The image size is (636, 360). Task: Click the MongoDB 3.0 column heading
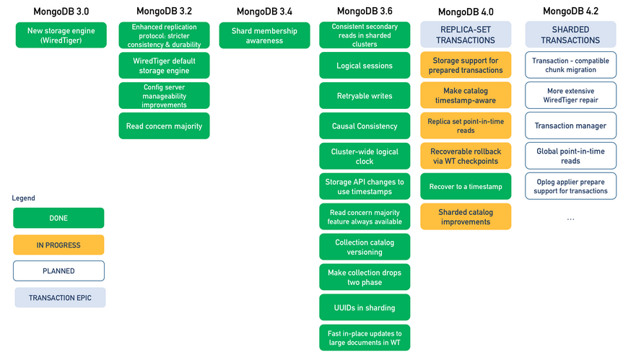point(61,12)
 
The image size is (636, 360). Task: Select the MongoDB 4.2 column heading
point(570,12)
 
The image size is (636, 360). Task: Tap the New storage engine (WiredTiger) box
point(61,35)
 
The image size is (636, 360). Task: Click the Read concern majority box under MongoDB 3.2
point(165,126)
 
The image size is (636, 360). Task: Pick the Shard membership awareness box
point(264,35)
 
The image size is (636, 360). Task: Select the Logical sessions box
point(365,65)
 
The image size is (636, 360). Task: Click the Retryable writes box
point(365,96)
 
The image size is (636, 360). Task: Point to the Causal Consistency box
point(365,126)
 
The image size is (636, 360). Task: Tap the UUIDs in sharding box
point(365,308)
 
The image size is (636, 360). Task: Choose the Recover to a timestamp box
point(466,186)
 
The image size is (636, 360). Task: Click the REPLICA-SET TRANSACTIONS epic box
point(466,35)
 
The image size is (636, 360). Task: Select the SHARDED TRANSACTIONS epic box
point(571,35)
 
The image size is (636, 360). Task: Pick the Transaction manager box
point(571,126)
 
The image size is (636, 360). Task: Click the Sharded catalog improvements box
point(466,217)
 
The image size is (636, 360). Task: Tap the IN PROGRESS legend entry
point(58,245)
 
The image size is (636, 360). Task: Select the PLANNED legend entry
point(58,271)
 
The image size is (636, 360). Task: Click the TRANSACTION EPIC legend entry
point(60,297)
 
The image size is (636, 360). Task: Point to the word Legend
point(23,198)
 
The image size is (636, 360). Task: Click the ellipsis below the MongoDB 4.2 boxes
point(571,219)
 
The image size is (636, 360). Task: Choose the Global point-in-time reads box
point(571,156)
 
